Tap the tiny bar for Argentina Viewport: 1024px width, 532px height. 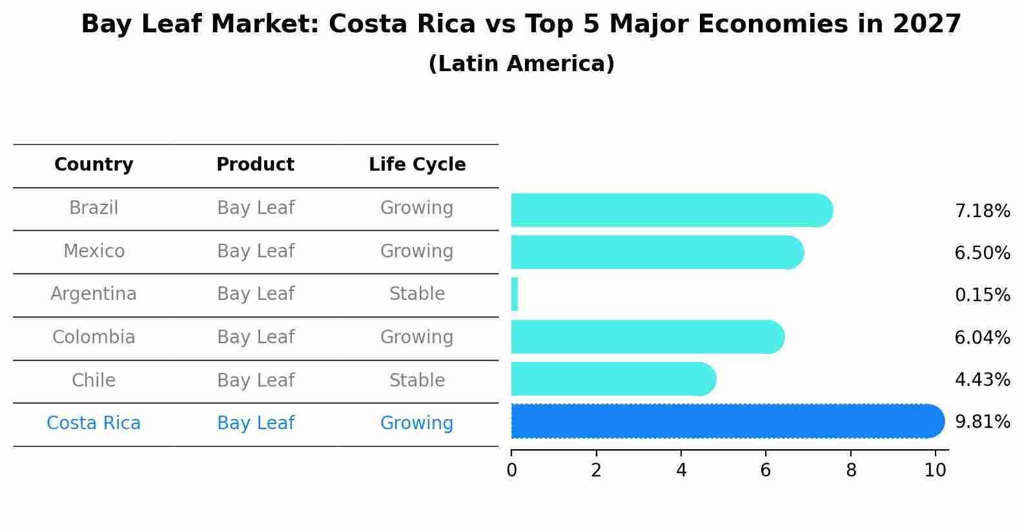coord(515,294)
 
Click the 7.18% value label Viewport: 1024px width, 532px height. coord(982,211)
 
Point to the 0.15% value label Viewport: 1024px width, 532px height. coord(982,295)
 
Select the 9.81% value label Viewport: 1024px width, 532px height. coord(982,422)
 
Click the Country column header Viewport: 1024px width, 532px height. coord(94,165)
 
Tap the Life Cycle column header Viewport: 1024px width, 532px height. coord(417,165)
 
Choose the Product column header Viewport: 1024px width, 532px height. coord(255,165)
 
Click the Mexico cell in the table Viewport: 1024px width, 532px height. coord(94,251)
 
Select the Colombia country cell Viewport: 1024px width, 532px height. coord(94,337)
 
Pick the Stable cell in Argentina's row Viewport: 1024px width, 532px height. coord(417,294)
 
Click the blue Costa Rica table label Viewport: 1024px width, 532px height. coord(94,423)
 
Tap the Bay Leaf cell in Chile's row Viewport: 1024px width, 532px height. coord(255,380)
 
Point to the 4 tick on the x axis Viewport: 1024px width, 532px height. coord(681,471)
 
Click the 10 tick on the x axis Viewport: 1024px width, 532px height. coord(935,471)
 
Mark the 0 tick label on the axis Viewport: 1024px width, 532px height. coord(511,471)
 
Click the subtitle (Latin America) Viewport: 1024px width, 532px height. coord(521,64)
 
